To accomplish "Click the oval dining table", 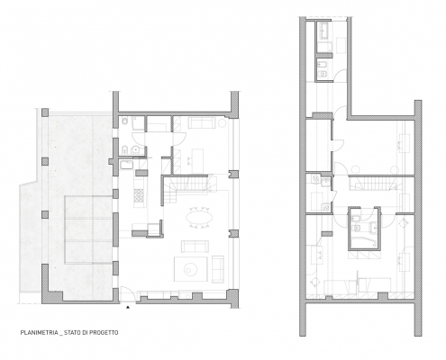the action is [199, 217].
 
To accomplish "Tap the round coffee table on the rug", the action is [190, 269].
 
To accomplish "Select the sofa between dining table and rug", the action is [195, 246].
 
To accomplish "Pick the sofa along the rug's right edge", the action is [217, 269].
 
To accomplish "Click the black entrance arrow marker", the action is [128, 307].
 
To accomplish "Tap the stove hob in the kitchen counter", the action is [139, 195].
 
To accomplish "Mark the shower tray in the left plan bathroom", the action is [138, 123].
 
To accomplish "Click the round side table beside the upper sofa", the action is [223, 123].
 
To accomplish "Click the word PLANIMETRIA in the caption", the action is [40, 333].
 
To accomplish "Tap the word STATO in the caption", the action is [71, 333].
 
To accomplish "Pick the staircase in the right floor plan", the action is [373, 183].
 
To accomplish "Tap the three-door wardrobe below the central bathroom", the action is [363, 256].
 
